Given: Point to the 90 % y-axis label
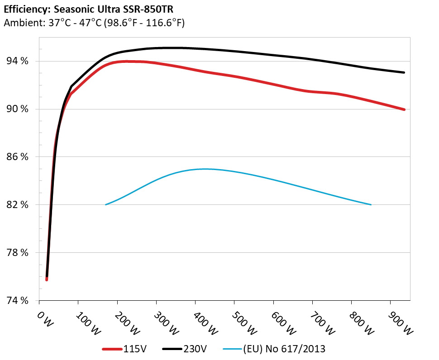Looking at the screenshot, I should point(16,109).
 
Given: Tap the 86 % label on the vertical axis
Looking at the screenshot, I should point(16,157).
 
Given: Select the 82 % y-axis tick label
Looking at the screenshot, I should point(16,205).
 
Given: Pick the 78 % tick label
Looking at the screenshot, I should point(16,253).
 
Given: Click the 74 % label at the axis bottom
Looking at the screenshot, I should point(16,301).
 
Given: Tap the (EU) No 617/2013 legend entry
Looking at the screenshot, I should point(284,349).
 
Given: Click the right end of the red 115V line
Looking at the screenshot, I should point(404,109).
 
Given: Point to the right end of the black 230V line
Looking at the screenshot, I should point(404,72).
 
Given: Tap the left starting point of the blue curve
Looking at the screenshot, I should point(106,204).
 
